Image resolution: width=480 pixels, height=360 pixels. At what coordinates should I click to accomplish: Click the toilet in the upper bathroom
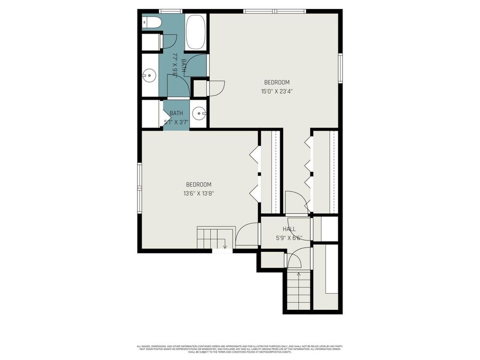click(x=151, y=22)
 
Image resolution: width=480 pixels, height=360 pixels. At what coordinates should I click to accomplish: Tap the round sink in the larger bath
click(x=149, y=76)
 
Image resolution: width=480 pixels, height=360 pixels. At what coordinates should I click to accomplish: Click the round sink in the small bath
click(x=199, y=114)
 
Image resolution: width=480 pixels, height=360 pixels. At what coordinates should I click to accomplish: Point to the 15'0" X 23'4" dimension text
click(x=277, y=91)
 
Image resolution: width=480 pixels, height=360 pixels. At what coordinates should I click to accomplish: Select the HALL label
click(x=289, y=229)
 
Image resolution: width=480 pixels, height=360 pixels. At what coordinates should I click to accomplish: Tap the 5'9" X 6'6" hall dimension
click(x=289, y=238)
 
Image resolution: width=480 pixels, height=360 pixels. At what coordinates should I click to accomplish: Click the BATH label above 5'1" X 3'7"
click(x=176, y=113)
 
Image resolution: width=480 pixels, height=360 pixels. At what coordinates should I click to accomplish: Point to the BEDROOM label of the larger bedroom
click(x=277, y=82)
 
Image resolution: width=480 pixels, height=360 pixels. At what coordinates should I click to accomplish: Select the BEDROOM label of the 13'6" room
click(x=199, y=185)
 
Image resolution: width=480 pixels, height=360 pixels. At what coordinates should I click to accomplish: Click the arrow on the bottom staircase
click(x=299, y=275)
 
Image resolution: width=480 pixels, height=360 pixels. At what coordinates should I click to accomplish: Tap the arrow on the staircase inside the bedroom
click(x=225, y=246)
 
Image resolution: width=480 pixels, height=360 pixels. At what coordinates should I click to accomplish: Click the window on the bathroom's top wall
click(x=171, y=11)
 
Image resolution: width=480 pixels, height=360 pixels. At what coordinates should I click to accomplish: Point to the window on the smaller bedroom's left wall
click(x=140, y=188)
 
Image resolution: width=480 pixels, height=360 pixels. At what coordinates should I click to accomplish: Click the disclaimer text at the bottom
click(x=239, y=348)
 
